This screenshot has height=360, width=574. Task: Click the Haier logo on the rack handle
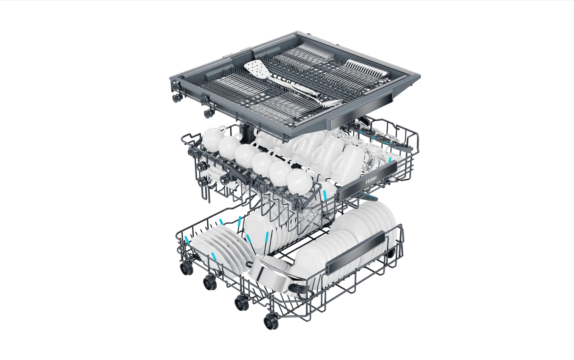point(371,181)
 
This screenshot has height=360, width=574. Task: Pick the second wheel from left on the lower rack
point(210,283)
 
